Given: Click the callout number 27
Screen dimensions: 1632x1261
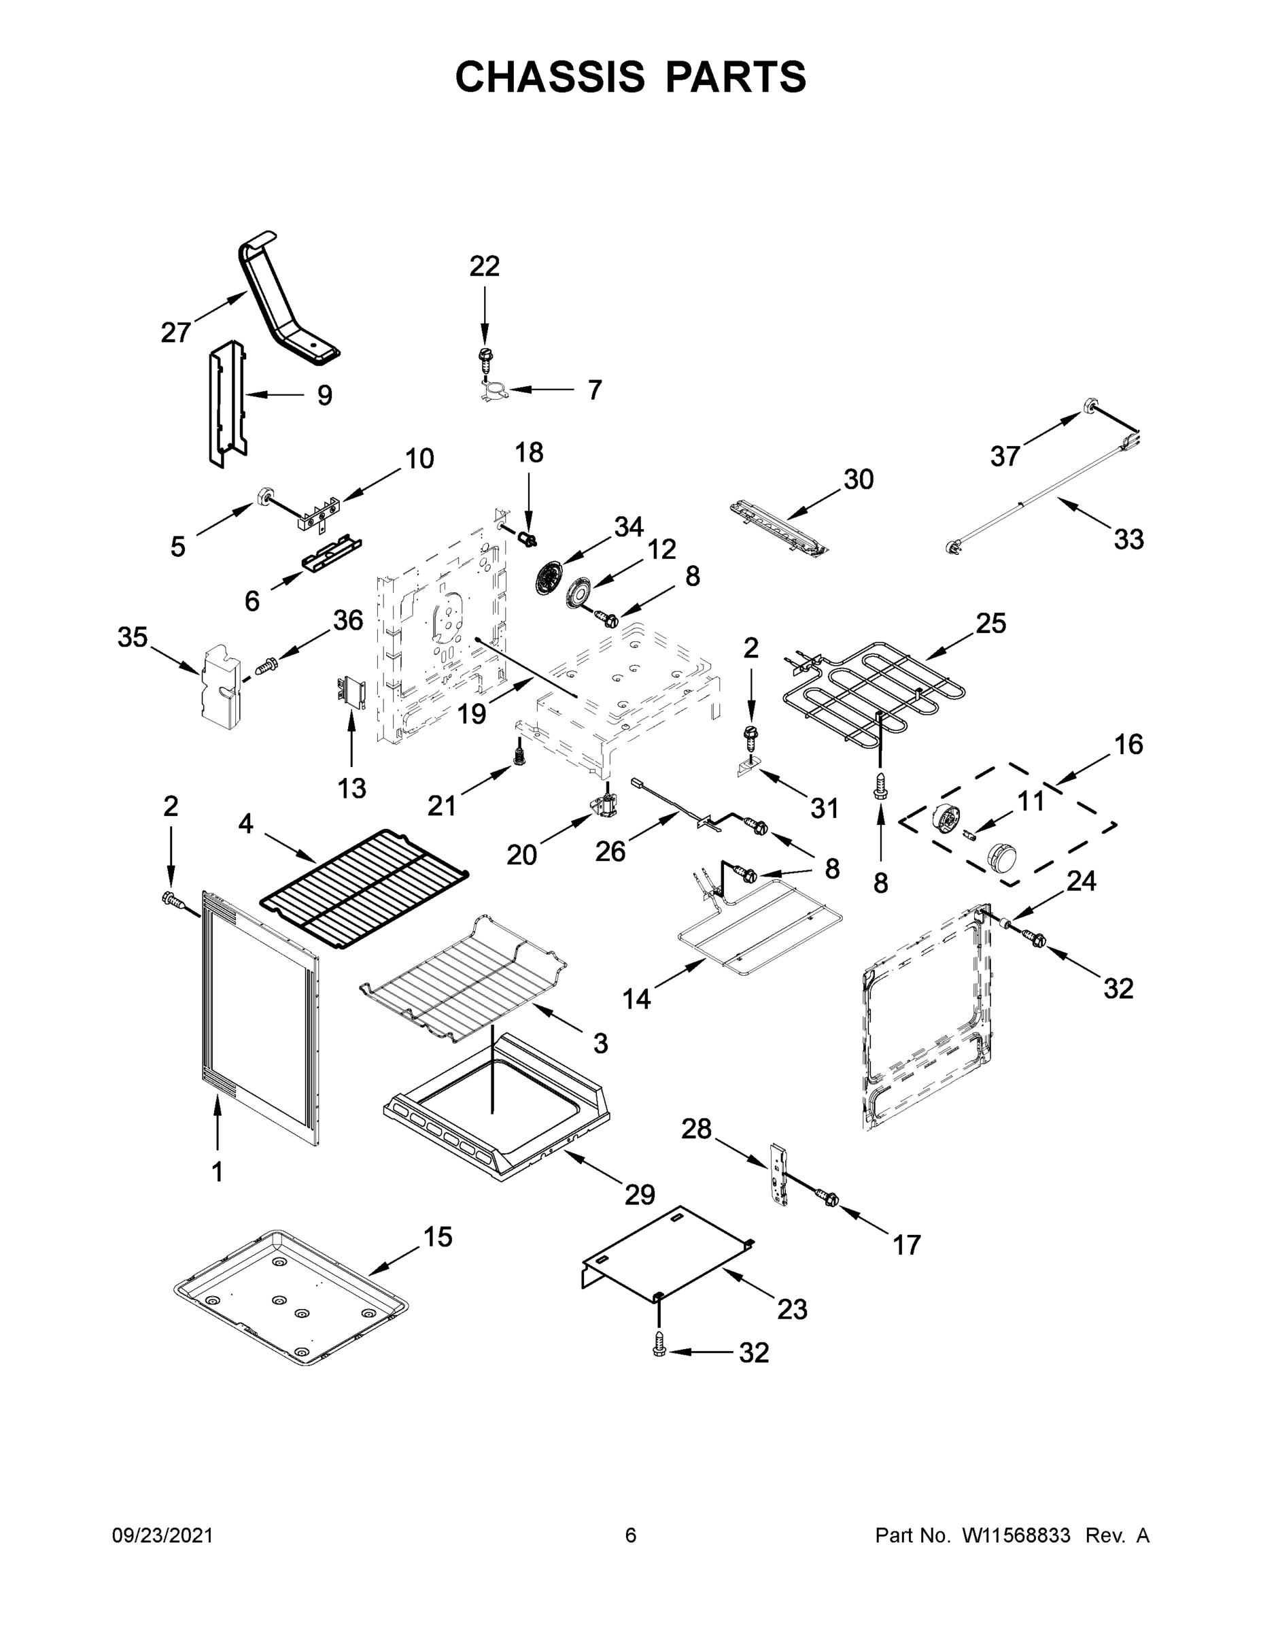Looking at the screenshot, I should (x=175, y=333).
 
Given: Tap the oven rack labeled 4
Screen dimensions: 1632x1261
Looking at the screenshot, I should (x=364, y=887).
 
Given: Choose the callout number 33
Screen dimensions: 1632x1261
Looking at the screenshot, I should (x=1128, y=539).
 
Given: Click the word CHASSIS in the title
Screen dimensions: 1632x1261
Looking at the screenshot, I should (x=550, y=77).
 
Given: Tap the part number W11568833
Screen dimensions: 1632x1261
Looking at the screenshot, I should (x=1016, y=1535).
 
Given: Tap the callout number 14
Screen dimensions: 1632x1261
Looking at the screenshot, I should (x=636, y=998).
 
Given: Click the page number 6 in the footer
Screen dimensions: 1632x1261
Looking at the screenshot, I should (x=631, y=1535).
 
